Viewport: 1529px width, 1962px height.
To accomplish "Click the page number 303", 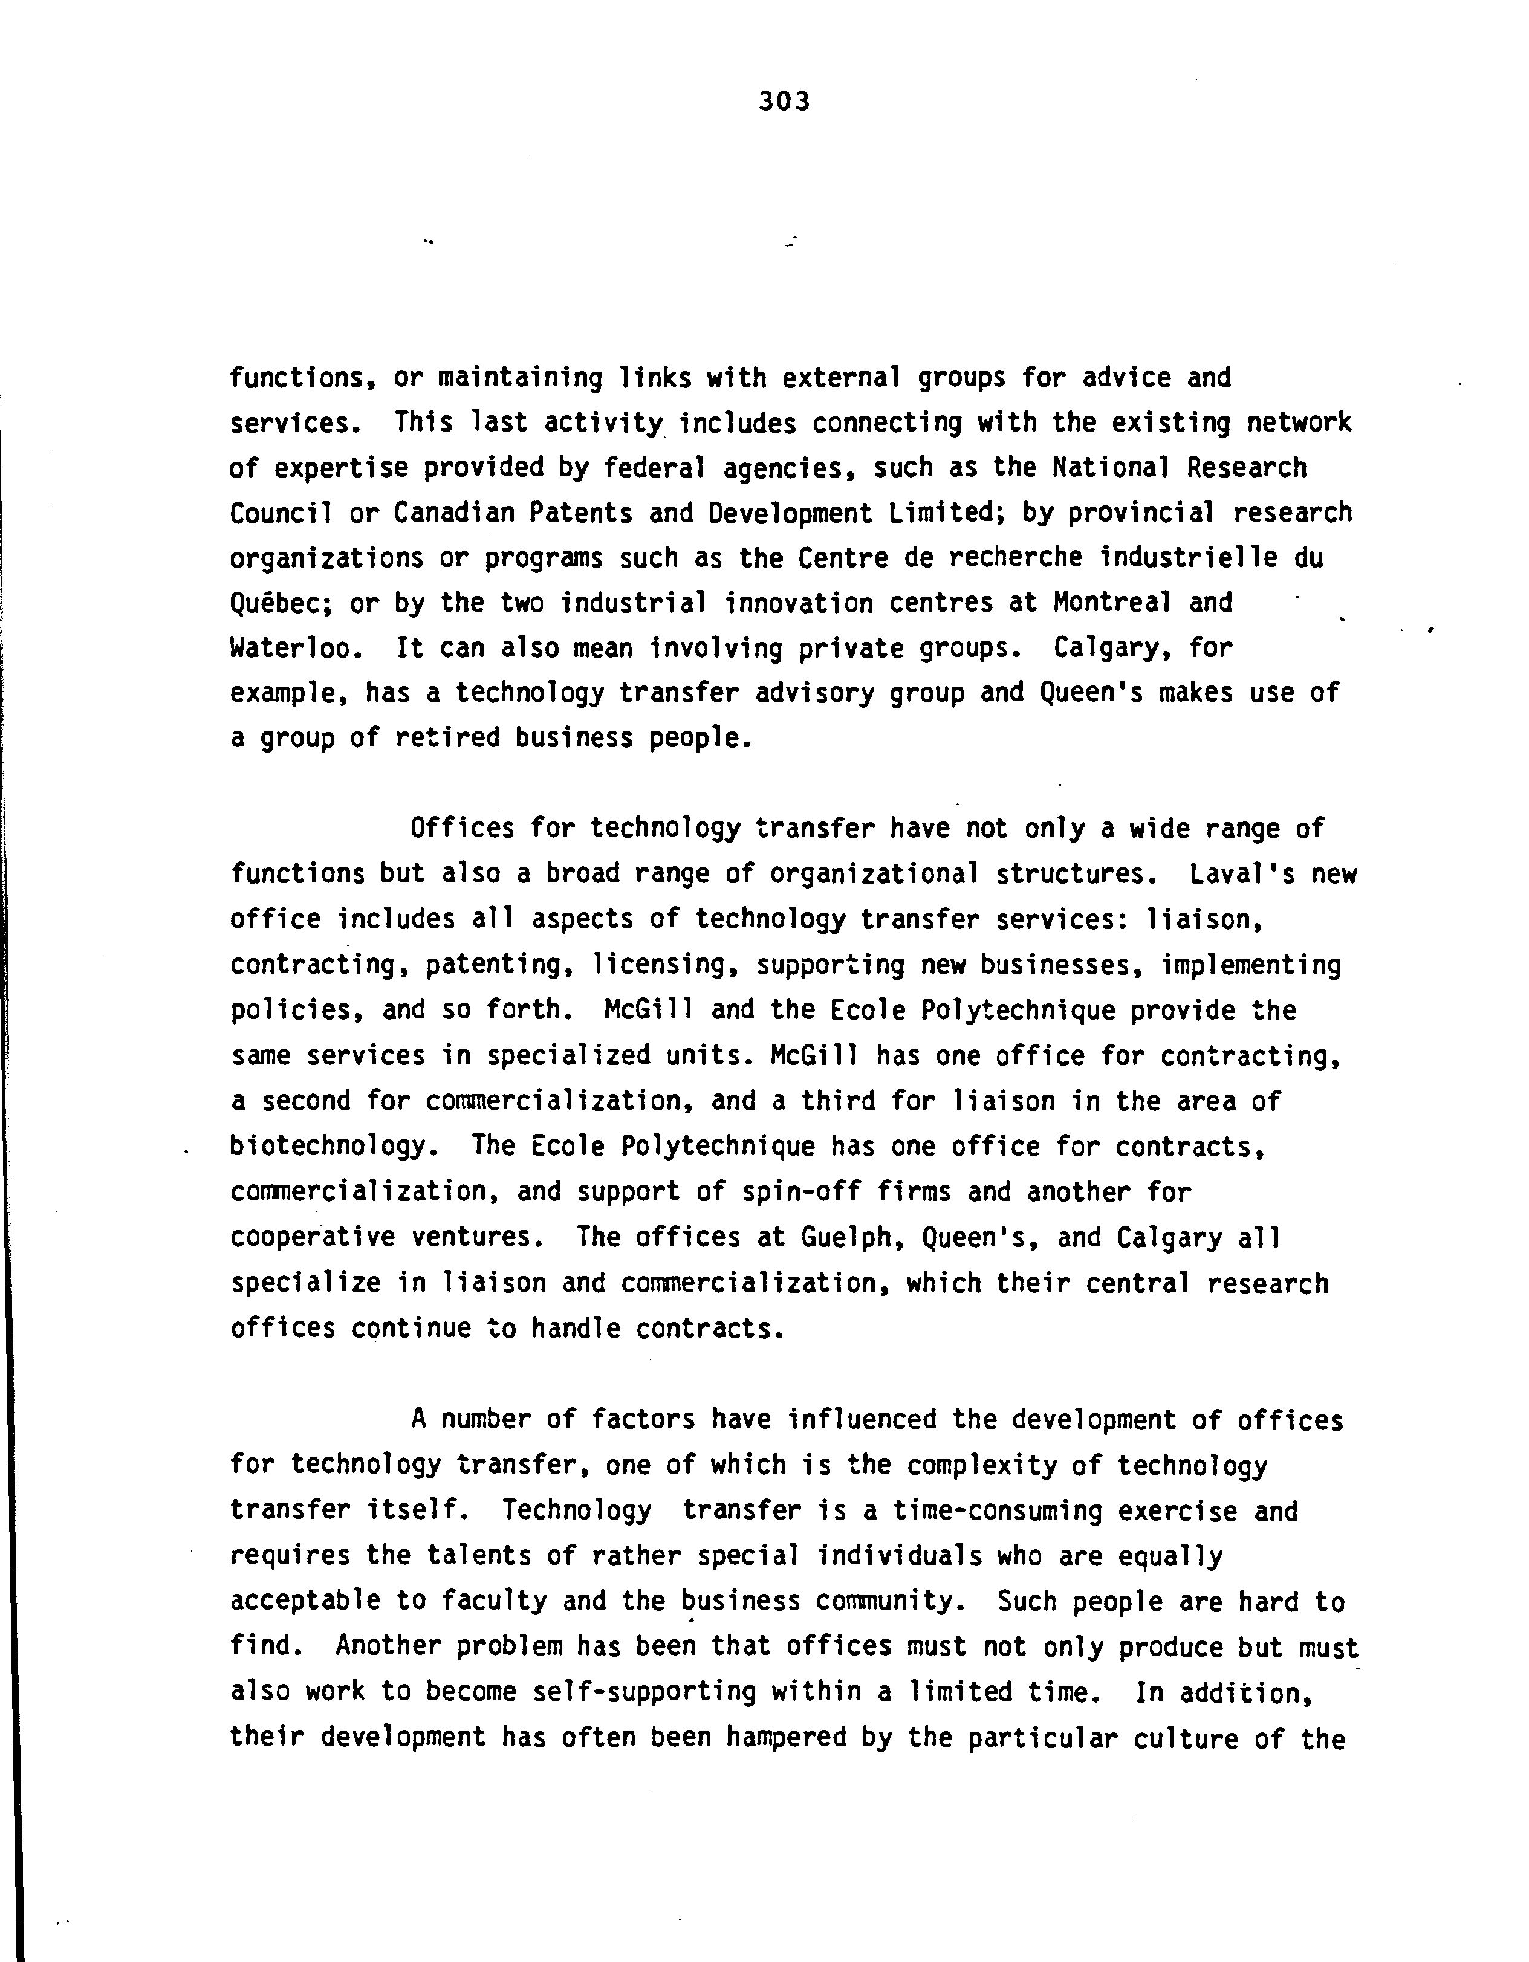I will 784,102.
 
